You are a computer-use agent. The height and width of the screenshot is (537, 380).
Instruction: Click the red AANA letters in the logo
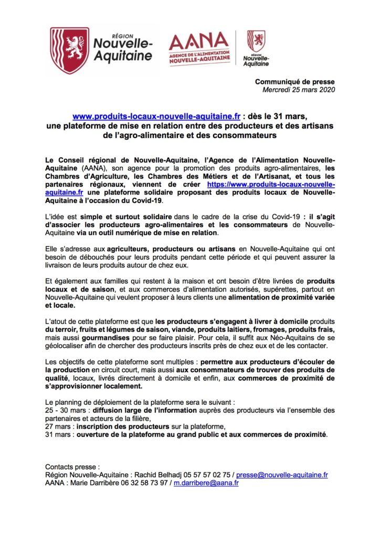199,41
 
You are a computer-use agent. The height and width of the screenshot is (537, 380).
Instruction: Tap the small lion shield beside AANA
256,41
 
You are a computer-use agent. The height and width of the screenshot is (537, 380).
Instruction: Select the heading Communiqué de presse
294,82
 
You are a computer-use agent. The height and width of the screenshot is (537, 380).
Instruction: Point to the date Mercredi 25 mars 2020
298,90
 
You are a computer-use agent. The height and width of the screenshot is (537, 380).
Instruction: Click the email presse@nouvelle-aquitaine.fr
282,475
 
